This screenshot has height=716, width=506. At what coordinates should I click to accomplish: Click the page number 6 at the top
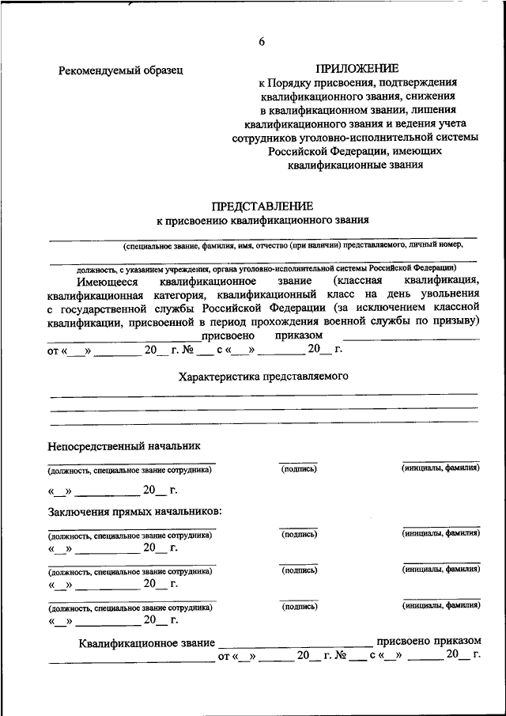tap(262, 42)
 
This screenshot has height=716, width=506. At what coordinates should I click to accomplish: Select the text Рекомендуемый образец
tap(121, 70)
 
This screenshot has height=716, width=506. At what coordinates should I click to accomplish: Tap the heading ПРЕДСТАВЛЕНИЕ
tap(262, 206)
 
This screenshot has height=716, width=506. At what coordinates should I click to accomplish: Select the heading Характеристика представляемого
tap(263, 376)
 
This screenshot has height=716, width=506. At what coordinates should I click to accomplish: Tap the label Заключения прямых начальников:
tap(134, 511)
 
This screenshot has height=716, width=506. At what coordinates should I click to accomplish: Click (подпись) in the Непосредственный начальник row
tap(299, 469)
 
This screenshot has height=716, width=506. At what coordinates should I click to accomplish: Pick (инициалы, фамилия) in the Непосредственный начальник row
tap(440, 469)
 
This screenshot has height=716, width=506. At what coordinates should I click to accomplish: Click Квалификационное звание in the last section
tap(146, 641)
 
